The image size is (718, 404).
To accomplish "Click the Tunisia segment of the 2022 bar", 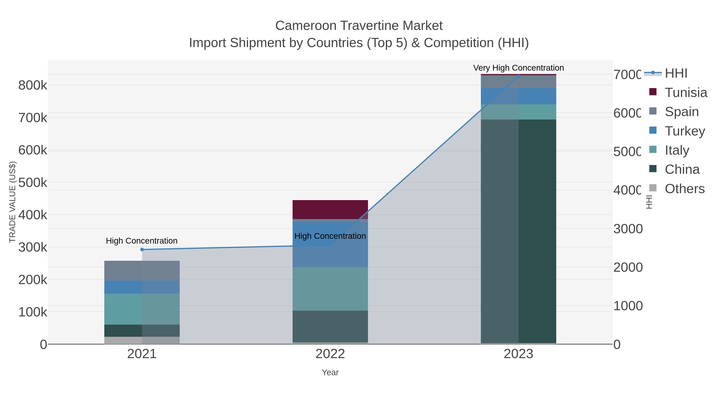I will (330, 209).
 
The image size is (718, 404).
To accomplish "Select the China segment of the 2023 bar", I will (518, 231).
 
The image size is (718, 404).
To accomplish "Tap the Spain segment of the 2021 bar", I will (142, 271).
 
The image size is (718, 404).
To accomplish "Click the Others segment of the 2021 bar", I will (142, 340).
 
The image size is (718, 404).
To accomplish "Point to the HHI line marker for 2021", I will (142, 250).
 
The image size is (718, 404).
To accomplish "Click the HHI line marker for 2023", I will (518, 76).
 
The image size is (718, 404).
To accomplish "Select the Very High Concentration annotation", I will (518, 68).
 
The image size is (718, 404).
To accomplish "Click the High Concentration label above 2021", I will (142, 241).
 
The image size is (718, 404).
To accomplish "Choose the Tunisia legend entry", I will (686, 93).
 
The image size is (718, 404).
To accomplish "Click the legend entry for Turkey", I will (684, 131).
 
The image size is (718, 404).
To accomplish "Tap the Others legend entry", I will (684, 189).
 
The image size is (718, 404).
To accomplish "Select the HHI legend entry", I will (676, 73).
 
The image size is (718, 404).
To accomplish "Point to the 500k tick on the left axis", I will (33, 183).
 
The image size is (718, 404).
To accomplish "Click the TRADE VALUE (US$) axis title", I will (12, 202).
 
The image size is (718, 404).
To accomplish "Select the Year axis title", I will (330, 372).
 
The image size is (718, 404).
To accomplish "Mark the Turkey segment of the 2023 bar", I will (518, 96).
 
